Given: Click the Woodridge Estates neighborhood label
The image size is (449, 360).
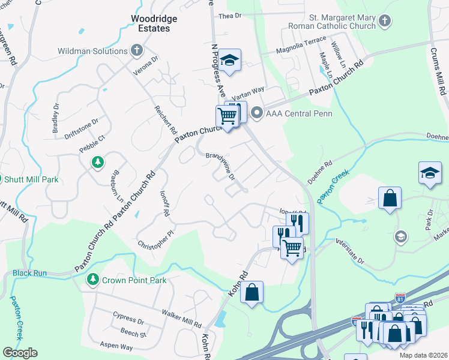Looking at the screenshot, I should click(154, 24).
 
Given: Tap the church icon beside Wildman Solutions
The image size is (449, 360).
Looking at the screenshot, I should click(137, 51).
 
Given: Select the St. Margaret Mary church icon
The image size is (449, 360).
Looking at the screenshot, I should click(385, 22).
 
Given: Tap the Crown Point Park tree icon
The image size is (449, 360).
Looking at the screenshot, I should click(93, 280).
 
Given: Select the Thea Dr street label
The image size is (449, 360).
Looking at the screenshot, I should click(229, 16).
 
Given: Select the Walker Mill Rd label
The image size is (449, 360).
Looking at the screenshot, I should click(181, 319).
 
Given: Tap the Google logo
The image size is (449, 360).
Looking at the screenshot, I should click(19, 353).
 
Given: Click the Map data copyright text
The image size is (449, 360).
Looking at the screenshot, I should click(423, 355).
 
